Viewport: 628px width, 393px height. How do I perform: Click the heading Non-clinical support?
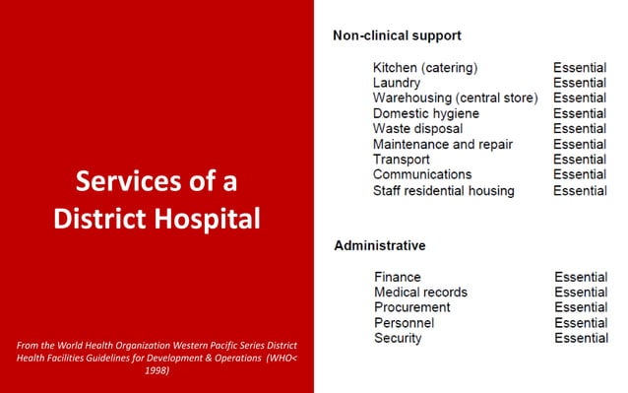pyautogui.click(x=397, y=35)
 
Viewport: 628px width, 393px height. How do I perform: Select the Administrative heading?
pyautogui.click(x=380, y=244)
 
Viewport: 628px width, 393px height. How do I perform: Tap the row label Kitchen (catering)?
pyautogui.click(x=425, y=68)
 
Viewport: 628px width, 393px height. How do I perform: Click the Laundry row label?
pyautogui.click(x=397, y=84)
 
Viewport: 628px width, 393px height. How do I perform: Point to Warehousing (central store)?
pyautogui.click(x=455, y=98)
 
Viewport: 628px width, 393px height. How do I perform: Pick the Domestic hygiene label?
pyautogui.click(x=425, y=113)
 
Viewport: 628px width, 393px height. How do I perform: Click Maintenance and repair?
pyautogui.click(x=442, y=144)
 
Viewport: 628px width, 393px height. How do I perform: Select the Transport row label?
pyautogui.click(x=404, y=160)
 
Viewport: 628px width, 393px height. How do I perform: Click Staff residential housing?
pyautogui.click(x=443, y=190)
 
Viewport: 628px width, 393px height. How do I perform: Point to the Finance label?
pyautogui.click(x=397, y=277)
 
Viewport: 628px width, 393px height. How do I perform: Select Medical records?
pyautogui.click(x=420, y=293)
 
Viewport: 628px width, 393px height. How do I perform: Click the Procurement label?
pyautogui.click(x=412, y=307)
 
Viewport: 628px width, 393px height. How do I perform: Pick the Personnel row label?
pyautogui.click(x=406, y=323)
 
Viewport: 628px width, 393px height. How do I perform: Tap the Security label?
pyautogui.click(x=398, y=338)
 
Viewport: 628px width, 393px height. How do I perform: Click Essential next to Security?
pyautogui.click(x=581, y=338)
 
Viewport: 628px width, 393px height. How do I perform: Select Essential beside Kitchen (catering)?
pyautogui.click(x=579, y=68)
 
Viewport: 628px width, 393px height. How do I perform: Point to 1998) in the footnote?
pyautogui.click(x=157, y=371)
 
